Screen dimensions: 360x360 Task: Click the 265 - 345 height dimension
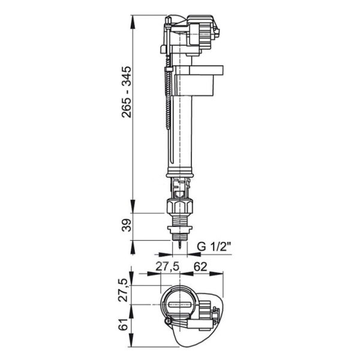click(x=127, y=92)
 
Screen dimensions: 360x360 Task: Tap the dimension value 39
click(x=127, y=225)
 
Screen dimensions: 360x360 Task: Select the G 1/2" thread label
click(x=214, y=247)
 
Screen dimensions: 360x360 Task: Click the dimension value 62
click(x=200, y=266)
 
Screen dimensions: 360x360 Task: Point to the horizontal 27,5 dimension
click(x=167, y=267)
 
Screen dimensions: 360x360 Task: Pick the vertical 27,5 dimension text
click(x=124, y=290)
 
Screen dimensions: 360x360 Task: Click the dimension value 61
click(x=123, y=325)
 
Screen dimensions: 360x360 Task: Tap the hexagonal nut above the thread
click(x=180, y=206)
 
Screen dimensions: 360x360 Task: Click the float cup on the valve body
click(x=197, y=81)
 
